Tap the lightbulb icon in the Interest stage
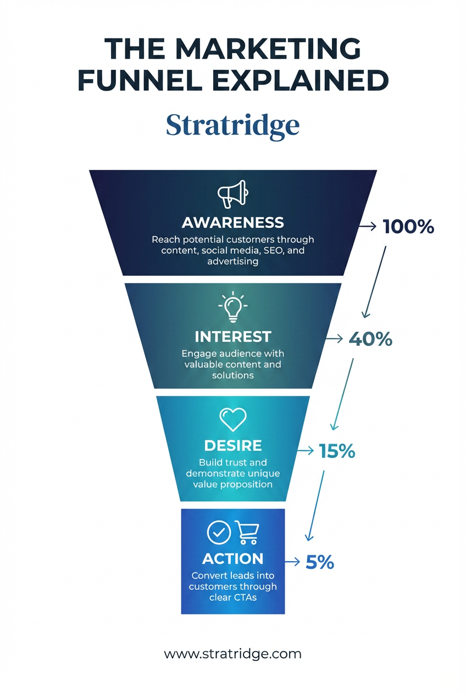(233, 307)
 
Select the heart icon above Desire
(233, 419)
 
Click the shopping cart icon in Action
(247, 532)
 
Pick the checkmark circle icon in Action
(219, 533)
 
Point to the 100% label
(408, 226)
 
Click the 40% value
(370, 339)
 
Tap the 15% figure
(337, 451)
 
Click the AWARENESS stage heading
(233, 222)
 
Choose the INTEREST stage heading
(233, 336)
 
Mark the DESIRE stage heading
(233, 445)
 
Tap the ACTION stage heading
(233, 558)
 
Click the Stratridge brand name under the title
(233, 125)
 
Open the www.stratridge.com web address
(233, 654)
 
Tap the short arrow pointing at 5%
(292, 562)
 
